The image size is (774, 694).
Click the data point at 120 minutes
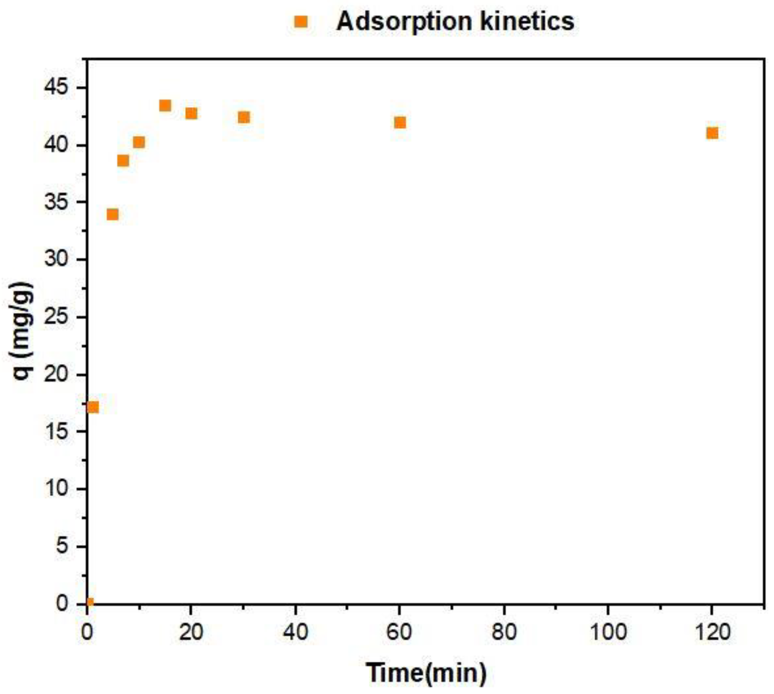tap(712, 133)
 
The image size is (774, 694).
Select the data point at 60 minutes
tap(400, 122)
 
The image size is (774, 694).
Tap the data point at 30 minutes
tap(244, 117)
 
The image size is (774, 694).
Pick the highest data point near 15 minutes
tap(165, 106)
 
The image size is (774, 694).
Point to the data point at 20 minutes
tap(191, 113)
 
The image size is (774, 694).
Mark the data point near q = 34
tap(112, 214)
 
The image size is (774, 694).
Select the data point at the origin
tap(89, 602)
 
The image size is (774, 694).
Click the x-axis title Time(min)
tap(426, 672)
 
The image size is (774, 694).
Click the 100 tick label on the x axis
tap(608, 632)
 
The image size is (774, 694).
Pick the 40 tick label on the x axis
tap(296, 632)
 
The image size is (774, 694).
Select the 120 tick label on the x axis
tap(712, 632)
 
